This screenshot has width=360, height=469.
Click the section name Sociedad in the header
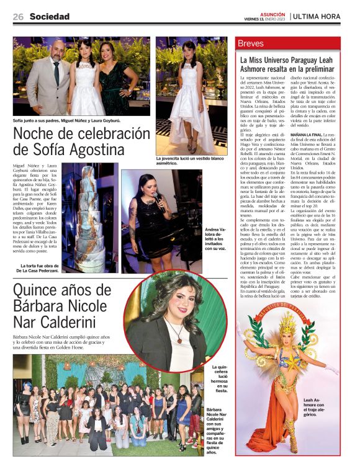click(x=49, y=17)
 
